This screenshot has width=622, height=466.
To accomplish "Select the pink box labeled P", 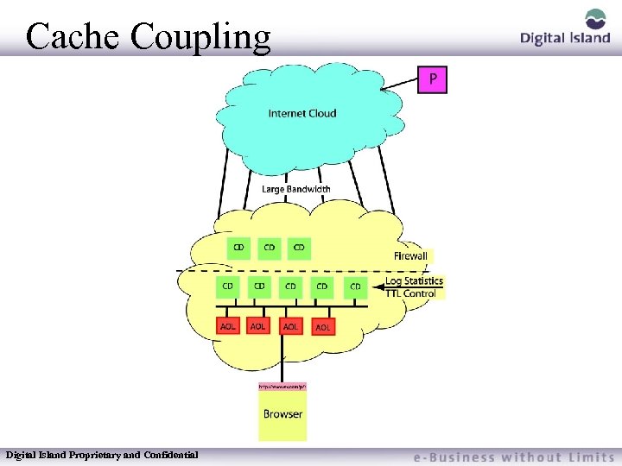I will point(433,80).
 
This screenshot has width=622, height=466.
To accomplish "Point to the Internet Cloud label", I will point(302,113).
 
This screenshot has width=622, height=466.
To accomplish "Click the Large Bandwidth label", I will point(296,189).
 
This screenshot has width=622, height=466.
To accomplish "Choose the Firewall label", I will point(410,256).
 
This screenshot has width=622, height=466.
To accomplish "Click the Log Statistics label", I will point(414,280).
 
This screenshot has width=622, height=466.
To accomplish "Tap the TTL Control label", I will point(410,293).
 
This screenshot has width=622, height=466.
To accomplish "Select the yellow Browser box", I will point(282,415).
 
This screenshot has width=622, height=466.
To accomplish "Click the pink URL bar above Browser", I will point(282,387).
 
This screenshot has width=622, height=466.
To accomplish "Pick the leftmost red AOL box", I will point(228,326).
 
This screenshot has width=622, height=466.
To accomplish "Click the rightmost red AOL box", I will point(322,327).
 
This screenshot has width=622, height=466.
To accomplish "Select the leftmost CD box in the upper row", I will point(239,249).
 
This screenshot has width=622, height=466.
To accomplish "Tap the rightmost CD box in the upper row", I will point(299,249).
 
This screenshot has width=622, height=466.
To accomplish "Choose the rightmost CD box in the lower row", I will point(355,286).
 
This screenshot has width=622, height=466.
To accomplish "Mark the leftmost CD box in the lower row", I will point(228,286).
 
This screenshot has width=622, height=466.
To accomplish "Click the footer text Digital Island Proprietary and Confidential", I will point(102,454).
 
